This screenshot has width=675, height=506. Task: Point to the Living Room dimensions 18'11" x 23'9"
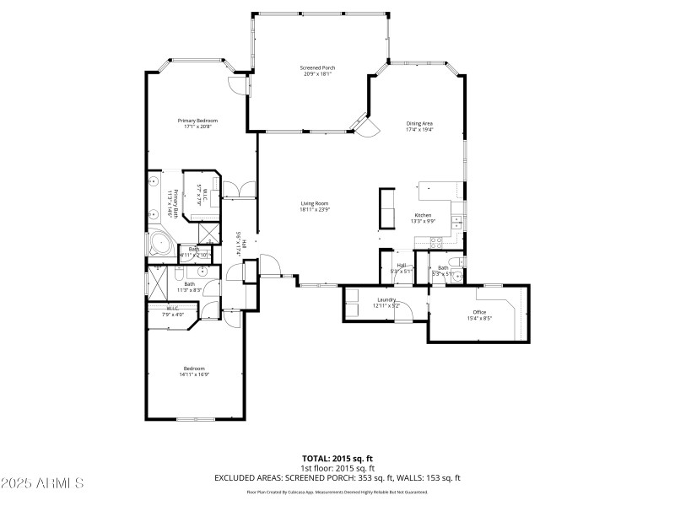coord(314,209)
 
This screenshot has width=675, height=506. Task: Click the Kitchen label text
coord(422,215)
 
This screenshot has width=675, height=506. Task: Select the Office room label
coord(479,312)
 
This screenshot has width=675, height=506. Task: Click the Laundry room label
coord(387,299)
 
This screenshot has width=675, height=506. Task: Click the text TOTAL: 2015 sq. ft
coord(337,460)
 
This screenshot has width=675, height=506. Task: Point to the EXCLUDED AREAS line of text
coord(337,478)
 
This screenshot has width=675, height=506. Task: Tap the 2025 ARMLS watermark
coord(42,483)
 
